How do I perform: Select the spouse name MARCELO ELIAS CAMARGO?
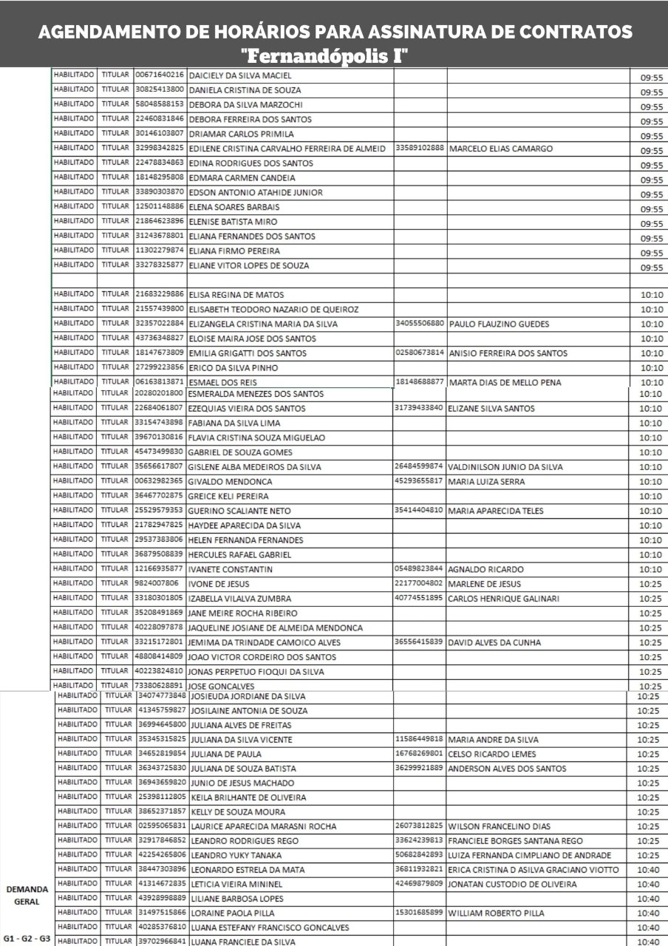pyautogui.click(x=500, y=149)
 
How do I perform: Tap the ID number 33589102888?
pyautogui.click(x=420, y=148)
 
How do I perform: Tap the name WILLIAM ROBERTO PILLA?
pyautogui.click(x=497, y=913)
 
